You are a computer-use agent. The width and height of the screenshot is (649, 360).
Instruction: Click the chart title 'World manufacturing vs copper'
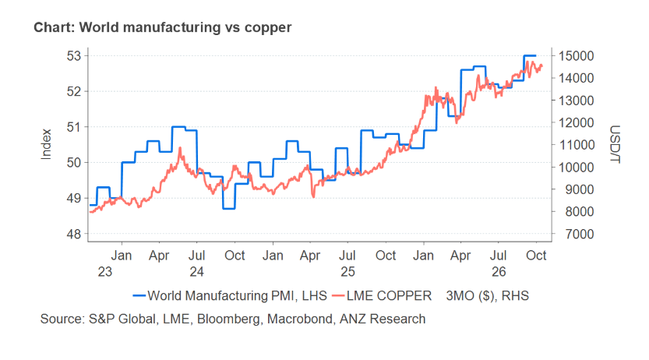[185, 27]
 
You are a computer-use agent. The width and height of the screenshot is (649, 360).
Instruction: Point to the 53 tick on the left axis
[74, 56]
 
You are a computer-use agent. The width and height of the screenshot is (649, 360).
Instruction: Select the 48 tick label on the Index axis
[74, 235]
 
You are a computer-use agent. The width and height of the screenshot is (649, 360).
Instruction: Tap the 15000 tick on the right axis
[577, 56]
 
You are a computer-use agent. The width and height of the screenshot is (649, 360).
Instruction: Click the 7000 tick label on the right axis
[577, 235]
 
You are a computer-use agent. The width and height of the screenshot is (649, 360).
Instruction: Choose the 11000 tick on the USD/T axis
[577, 145]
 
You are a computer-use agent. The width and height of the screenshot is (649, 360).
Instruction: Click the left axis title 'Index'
[46, 144]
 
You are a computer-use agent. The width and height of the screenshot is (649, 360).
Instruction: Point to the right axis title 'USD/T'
[615, 144]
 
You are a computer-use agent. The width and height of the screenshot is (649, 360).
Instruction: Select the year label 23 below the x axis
[105, 272]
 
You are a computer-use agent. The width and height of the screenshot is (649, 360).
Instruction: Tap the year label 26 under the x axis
[499, 272]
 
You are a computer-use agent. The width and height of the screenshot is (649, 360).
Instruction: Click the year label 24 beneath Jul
[197, 272]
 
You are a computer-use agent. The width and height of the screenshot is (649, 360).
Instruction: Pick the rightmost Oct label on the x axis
[536, 256]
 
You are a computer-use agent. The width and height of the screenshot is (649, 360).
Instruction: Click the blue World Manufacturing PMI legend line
[139, 296]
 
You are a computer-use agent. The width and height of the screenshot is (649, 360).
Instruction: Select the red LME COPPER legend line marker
[339, 296]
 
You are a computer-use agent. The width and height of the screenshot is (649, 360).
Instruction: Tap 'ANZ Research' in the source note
[383, 319]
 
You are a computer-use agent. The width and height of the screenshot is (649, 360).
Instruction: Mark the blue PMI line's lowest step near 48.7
[229, 209]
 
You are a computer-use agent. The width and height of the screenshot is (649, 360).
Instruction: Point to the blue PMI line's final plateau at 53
[530, 55]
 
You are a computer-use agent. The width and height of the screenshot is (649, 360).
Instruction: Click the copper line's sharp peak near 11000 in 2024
[180, 148]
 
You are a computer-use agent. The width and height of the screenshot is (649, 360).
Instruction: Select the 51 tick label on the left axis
[74, 127]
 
